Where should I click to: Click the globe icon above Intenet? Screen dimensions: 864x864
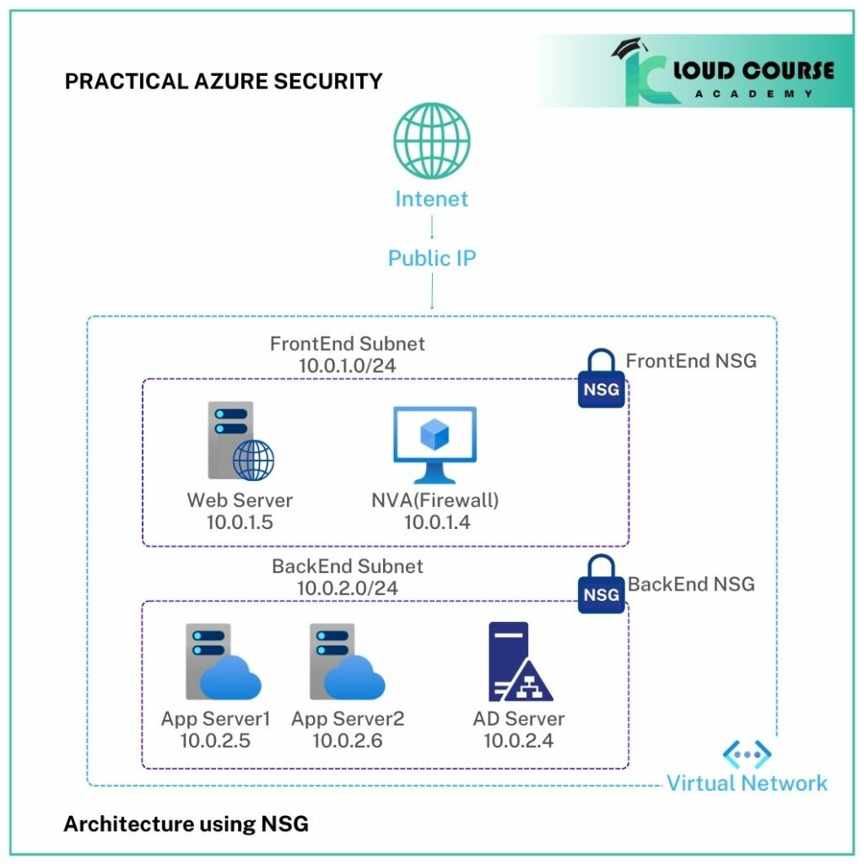[x=432, y=140]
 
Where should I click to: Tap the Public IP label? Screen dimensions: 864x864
[x=432, y=258]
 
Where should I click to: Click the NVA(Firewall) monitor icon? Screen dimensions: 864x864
[x=435, y=444]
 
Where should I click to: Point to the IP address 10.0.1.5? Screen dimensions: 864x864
[x=240, y=522]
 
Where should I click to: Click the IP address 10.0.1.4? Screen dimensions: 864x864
[x=436, y=522]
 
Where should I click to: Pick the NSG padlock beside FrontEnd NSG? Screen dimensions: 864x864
[x=601, y=381]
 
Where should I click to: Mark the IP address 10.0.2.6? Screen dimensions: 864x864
[x=347, y=741]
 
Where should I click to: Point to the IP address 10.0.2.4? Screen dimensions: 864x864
[x=518, y=741]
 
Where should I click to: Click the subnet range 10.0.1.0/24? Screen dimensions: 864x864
[x=348, y=366]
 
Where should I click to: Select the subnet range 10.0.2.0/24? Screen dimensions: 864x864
[x=347, y=587]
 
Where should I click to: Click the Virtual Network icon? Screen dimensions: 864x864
[x=747, y=753]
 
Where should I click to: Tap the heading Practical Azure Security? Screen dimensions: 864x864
[x=224, y=82]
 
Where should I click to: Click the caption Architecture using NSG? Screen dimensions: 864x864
[x=186, y=823]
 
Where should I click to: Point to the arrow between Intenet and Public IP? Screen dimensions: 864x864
[x=432, y=227]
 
